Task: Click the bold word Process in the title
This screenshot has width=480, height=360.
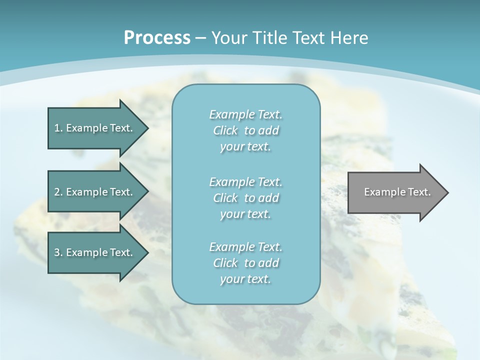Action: [157, 38]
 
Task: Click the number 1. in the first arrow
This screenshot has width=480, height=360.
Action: [58, 128]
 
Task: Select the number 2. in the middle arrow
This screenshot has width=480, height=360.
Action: [58, 192]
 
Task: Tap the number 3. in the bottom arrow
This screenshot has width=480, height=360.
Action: [58, 252]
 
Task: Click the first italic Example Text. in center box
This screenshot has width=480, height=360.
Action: [245, 114]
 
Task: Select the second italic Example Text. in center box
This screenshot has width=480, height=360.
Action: [245, 182]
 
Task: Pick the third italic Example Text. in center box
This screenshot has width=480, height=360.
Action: [245, 247]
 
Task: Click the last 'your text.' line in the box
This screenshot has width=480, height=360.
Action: [245, 279]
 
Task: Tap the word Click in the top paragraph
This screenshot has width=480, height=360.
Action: [225, 130]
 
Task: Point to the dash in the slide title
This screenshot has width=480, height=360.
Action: [200, 38]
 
